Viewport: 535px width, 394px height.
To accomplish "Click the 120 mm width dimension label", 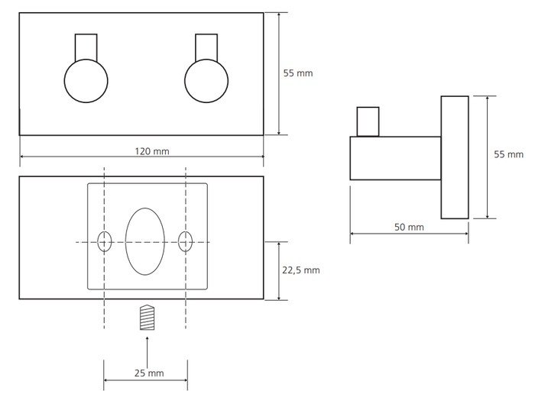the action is click(152, 151).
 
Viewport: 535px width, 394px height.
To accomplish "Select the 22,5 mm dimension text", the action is click(301, 270).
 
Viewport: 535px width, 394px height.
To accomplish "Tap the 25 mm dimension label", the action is click(149, 373).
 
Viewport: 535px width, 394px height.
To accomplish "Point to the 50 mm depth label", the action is click(409, 227).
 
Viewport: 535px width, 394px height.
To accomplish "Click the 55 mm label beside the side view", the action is click(508, 154).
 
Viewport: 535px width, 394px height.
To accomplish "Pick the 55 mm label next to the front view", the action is click(298, 73).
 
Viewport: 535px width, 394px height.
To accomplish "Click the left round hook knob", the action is click(86, 81).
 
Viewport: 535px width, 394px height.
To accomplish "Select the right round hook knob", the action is click(206, 81).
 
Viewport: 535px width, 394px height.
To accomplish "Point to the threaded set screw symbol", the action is click(147, 318).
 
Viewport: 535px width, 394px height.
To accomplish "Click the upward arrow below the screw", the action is click(147, 353).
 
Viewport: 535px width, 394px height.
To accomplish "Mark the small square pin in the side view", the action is click(368, 121).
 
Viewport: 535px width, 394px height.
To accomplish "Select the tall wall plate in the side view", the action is click(455, 157).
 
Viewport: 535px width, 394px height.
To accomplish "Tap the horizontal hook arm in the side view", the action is click(395, 158).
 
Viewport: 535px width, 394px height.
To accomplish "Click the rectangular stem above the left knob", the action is click(86, 47).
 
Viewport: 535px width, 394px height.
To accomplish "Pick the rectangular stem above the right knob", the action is click(206, 47).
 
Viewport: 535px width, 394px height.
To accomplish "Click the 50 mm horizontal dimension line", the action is click(409, 234).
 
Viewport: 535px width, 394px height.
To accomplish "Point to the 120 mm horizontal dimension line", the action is click(142, 157).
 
